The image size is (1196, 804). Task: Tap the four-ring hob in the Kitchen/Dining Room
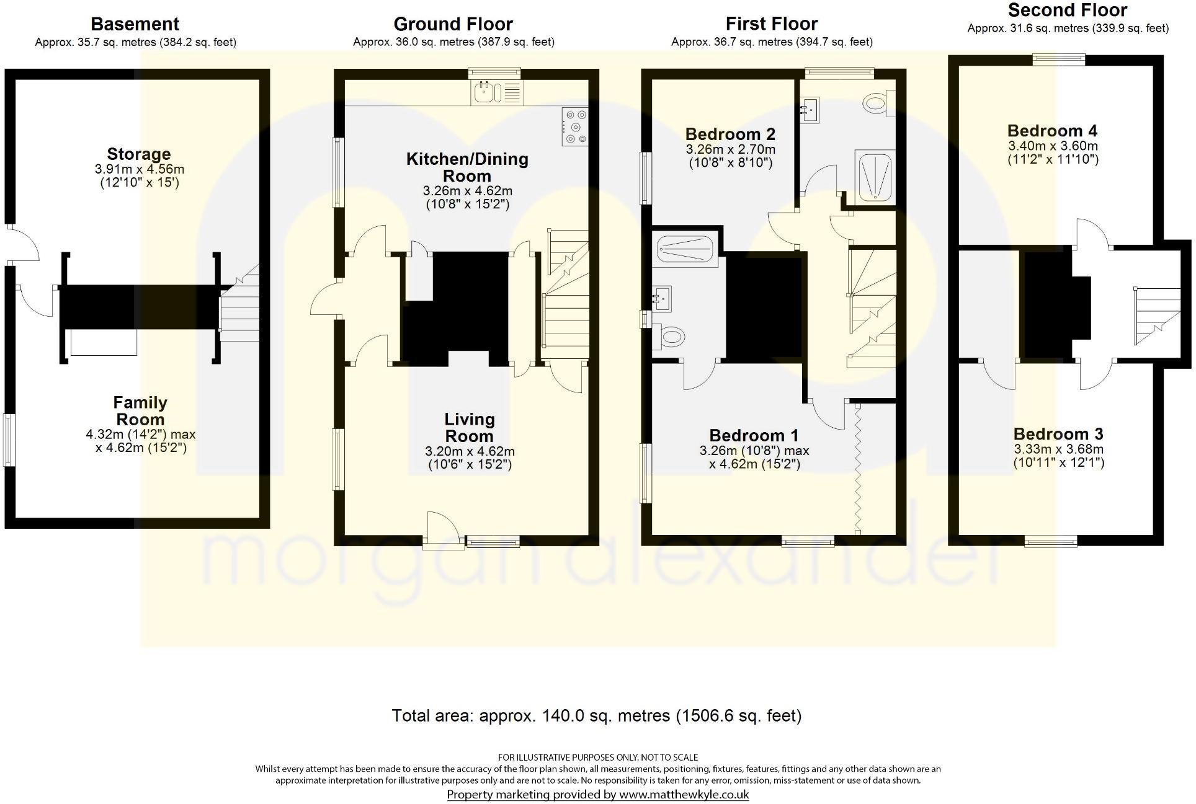coord(575,127)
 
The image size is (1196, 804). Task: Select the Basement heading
coord(135,24)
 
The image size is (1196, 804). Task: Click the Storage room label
coord(138,154)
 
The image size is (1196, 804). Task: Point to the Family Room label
coord(140,410)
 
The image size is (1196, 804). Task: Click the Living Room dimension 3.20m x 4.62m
coord(470,451)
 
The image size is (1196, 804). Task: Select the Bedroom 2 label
coord(730,134)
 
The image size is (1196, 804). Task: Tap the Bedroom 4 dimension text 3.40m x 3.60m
coord(1052,146)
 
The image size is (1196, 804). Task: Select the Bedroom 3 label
coord(1058,434)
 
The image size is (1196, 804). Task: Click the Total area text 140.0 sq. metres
coord(596,716)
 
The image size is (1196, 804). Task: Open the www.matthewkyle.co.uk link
coord(684,794)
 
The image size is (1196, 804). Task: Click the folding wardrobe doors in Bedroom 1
coord(858,468)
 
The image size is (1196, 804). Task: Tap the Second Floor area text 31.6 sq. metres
coord(1068,29)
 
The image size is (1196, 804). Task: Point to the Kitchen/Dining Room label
coord(467,167)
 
